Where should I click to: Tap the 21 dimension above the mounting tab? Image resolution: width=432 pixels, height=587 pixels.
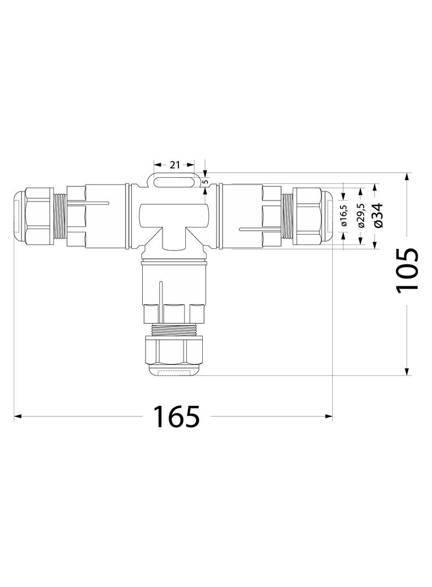click(175, 165)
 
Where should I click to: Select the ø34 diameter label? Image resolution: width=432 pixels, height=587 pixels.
click(379, 215)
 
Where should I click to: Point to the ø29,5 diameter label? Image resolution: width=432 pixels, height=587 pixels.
click(361, 215)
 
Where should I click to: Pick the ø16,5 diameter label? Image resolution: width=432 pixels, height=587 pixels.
click(344, 215)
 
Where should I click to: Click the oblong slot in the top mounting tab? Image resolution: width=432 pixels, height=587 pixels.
click(174, 182)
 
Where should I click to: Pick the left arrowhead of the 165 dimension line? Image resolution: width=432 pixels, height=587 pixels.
click(17, 417)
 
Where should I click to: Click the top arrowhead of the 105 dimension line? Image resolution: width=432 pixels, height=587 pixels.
click(408, 176)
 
